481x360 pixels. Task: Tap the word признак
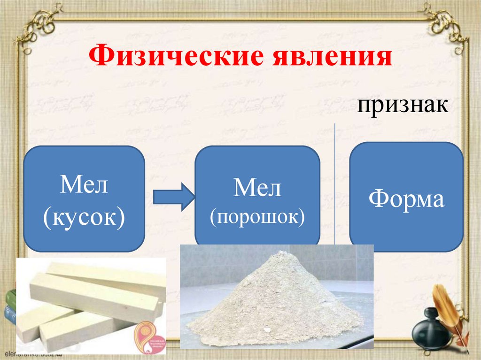[x=401, y=106]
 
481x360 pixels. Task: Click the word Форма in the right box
[x=406, y=199]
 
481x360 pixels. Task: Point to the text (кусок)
[x=84, y=217]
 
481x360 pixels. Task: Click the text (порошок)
[x=257, y=217]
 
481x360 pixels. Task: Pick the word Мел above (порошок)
[x=257, y=189]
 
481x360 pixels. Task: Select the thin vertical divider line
[x=334, y=188]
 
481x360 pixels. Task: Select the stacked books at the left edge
[x=9, y=305]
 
